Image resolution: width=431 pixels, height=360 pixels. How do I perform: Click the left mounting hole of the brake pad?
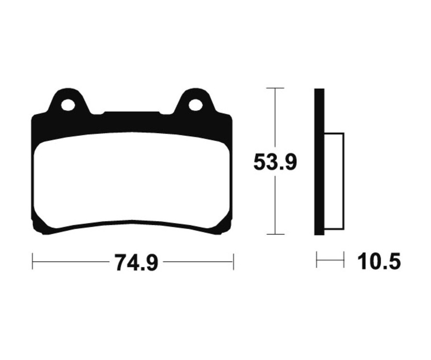coord(68,104)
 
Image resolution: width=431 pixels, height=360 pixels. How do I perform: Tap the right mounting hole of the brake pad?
coord(195,104)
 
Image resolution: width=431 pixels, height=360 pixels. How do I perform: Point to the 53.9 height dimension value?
coord(275,163)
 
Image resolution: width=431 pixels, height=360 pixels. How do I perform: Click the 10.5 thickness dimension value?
coord(379,262)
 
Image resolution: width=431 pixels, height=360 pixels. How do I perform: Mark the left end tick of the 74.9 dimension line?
coord(32,262)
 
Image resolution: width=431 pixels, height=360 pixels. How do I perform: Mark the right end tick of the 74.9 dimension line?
coord(233,262)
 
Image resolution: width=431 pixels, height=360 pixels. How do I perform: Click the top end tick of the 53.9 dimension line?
coord(275,89)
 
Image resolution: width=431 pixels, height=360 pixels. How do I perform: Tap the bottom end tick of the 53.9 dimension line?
coord(275,234)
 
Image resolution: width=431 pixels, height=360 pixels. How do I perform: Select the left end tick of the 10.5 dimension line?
coord(317,261)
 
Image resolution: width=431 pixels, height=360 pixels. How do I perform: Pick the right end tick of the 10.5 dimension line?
coord(344,261)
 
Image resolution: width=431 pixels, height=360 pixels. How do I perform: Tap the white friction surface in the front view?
coord(132,180)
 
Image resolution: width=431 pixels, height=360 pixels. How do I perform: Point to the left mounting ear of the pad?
coord(69,98)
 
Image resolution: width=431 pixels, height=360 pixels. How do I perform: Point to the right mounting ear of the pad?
coord(194,98)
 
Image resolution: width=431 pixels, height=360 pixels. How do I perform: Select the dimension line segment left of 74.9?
coord(72,262)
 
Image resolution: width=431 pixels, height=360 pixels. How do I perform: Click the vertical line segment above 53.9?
coord(275,120)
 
